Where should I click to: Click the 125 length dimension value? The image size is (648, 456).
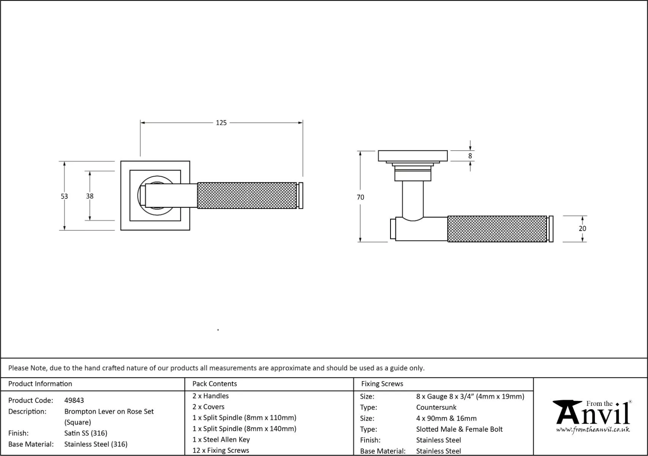(x=221, y=123)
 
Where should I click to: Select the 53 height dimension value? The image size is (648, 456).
(x=64, y=196)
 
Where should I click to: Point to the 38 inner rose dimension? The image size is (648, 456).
(x=90, y=196)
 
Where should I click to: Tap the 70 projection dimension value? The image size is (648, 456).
(x=360, y=197)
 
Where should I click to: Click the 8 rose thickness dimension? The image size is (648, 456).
(x=470, y=156)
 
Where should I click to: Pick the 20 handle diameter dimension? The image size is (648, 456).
(x=582, y=228)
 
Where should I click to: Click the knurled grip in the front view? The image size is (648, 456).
(x=247, y=195)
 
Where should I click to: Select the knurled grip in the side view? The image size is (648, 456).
(x=497, y=229)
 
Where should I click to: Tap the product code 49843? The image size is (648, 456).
(x=74, y=400)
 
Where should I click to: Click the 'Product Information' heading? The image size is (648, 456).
(x=40, y=384)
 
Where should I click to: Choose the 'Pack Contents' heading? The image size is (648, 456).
(x=215, y=384)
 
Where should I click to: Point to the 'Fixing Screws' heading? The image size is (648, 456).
(x=382, y=384)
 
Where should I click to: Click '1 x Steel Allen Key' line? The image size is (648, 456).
(x=221, y=440)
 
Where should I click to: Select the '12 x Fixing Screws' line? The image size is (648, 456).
(x=221, y=451)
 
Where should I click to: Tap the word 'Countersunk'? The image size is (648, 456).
(x=436, y=407)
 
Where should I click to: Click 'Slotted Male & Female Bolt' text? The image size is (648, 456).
(x=459, y=429)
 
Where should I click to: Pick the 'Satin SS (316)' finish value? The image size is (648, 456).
(x=86, y=433)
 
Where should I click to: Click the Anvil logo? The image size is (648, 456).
(x=593, y=413)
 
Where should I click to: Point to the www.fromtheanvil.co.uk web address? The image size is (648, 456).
(x=593, y=430)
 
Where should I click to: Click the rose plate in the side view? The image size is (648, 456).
(x=413, y=156)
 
